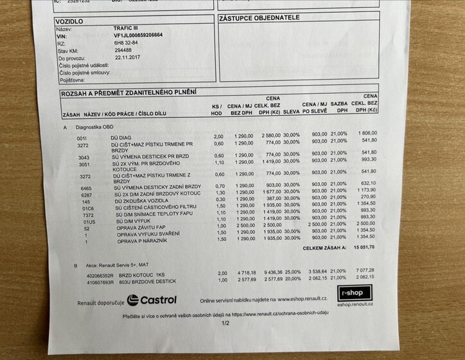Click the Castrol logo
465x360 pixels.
click(x=152, y=300)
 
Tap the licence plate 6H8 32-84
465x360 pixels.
click(x=126, y=42)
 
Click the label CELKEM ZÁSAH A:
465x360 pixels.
click(x=324, y=247)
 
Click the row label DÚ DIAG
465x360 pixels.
click(x=121, y=137)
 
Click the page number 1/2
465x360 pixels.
click(x=225, y=323)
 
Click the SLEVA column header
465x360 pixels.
click(x=292, y=112)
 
